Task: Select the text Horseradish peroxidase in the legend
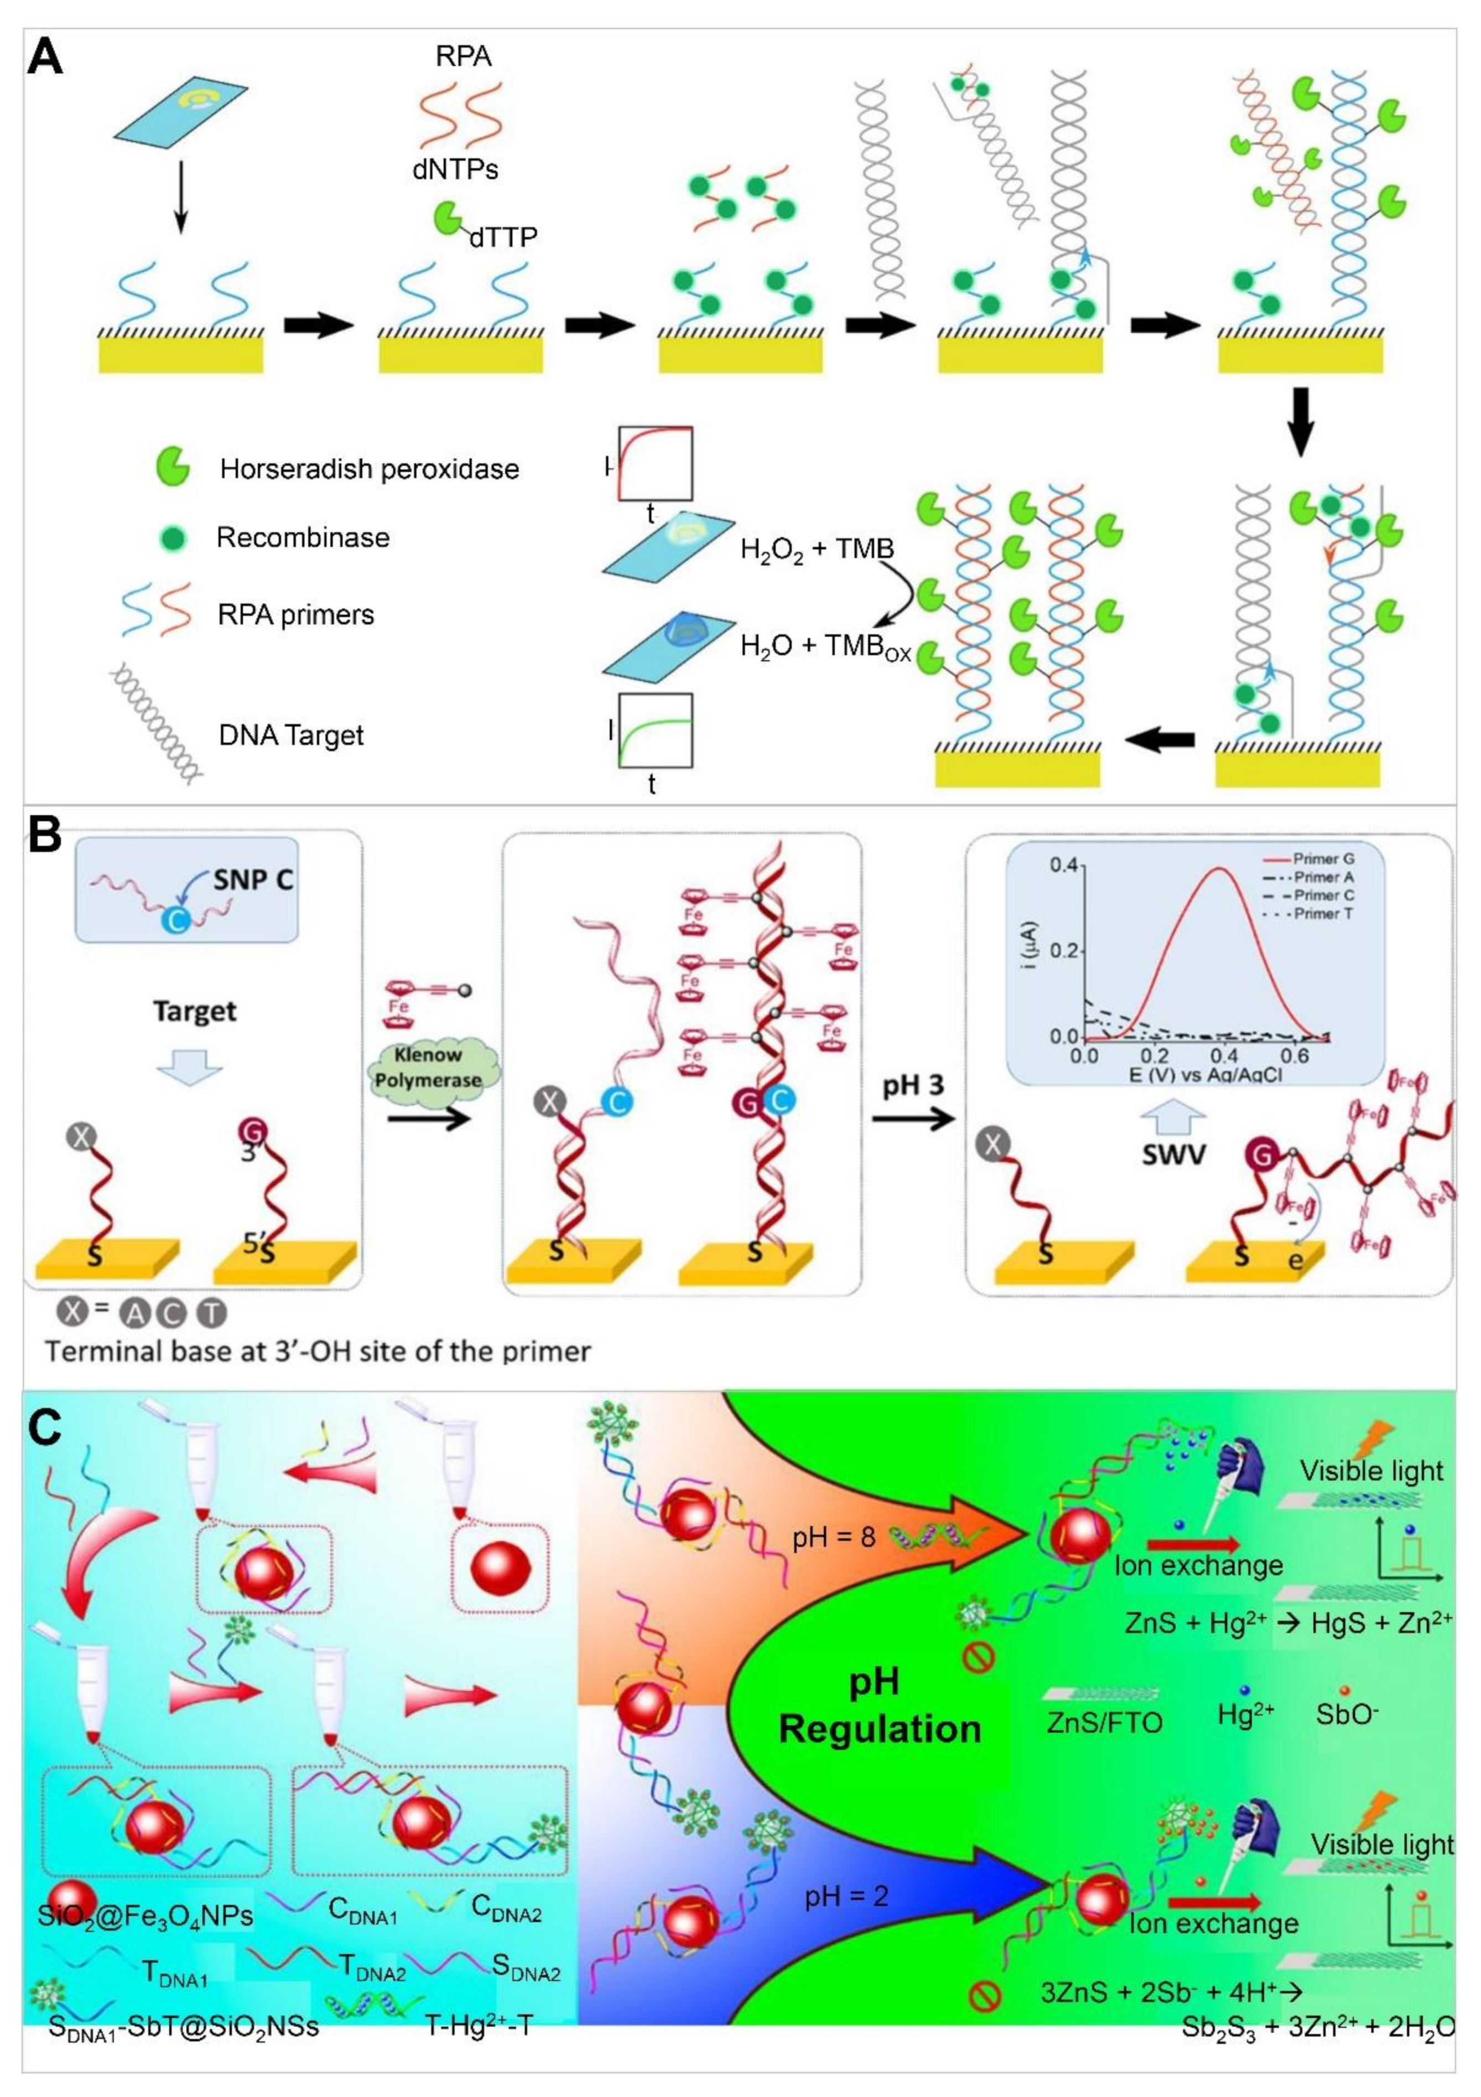369,469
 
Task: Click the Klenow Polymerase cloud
436,1068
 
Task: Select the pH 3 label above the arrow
912,1086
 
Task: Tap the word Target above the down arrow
195,1011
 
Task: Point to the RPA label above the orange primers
464,56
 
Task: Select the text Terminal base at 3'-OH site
318,1351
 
